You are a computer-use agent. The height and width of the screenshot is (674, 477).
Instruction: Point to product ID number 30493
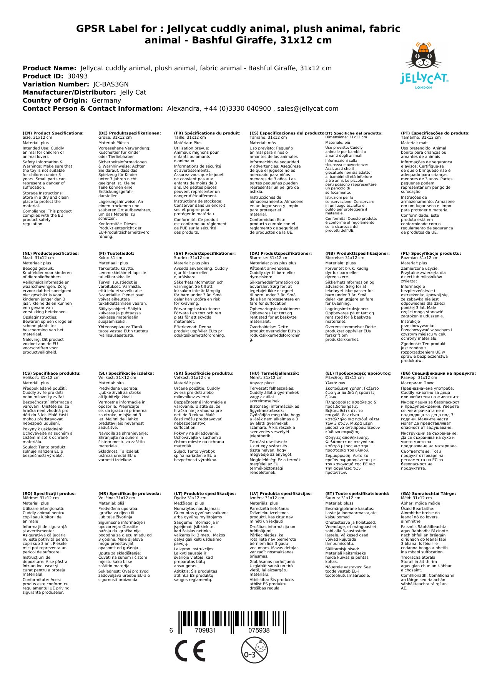[77, 76]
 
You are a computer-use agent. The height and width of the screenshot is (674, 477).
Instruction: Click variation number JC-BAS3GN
[111, 85]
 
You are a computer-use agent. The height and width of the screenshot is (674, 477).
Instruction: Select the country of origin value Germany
[106, 101]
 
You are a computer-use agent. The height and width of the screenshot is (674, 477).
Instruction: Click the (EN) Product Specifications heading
[53, 133]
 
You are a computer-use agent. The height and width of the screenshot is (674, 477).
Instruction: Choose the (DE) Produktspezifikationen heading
[130, 133]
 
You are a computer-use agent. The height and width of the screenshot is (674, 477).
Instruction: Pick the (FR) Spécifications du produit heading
[207, 133]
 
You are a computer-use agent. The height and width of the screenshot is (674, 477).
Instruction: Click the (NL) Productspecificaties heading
[50, 254]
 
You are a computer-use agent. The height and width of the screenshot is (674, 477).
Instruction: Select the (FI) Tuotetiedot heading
[116, 254]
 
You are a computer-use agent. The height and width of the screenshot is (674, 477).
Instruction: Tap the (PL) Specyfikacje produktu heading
[431, 254]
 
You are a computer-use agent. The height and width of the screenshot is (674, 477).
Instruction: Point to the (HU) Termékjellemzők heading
[274, 373]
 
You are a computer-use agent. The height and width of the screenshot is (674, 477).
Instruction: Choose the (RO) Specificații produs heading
[49, 494]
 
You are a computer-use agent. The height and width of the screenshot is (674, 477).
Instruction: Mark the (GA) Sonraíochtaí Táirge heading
[428, 494]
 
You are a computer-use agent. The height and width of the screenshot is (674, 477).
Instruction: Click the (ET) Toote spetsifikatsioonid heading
[357, 494]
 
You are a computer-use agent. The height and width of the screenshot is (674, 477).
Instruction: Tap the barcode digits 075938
[259, 631]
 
